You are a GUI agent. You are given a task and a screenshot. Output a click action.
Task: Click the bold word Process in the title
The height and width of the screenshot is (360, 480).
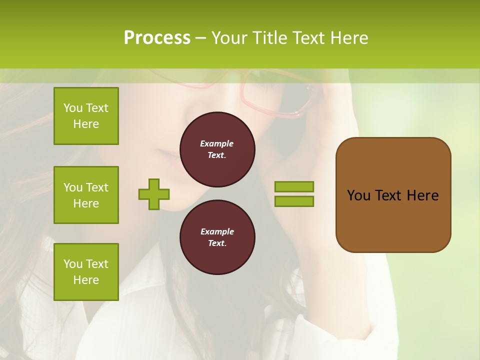157,38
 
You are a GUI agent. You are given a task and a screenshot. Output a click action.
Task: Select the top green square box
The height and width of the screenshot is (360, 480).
86,116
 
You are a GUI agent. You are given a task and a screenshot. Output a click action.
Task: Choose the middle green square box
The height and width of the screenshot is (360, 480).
86,195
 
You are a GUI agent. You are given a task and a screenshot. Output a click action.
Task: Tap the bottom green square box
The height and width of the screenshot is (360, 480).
86,272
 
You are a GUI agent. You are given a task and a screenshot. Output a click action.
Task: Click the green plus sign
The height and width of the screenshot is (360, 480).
154,194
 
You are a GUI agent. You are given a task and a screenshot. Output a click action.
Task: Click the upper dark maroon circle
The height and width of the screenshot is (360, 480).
217,149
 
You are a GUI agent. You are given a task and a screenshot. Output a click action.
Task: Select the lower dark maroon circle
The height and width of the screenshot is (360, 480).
217,237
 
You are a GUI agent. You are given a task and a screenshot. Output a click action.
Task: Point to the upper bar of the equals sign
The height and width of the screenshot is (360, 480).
294,187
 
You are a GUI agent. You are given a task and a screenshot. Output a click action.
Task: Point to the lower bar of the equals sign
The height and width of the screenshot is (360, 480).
294,201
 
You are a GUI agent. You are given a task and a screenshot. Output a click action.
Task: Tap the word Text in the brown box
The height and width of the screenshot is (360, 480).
389,195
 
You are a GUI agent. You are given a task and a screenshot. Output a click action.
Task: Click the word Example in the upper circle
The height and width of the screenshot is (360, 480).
217,143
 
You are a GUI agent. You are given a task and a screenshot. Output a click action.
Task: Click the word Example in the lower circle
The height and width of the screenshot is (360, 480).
217,231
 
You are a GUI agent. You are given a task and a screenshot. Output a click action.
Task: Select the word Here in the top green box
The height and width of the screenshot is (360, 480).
86,124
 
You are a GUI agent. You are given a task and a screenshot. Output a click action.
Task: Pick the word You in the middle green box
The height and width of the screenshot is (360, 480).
72,187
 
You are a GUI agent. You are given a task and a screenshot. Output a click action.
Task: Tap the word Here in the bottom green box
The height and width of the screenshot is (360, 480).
86,280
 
